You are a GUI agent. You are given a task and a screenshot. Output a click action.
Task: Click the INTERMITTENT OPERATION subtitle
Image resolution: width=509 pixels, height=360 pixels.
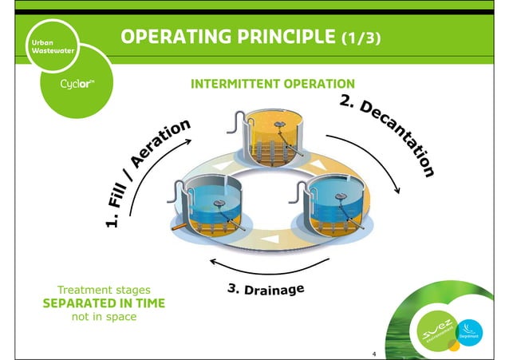[x=271, y=84]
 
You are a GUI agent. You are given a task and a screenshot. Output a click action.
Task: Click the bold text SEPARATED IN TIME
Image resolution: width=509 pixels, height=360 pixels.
[x=93, y=303]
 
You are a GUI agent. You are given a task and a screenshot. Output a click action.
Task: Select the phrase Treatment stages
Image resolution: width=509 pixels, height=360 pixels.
[x=93, y=289]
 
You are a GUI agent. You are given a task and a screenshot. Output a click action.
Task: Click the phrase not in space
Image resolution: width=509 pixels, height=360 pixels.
[x=93, y=317]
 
